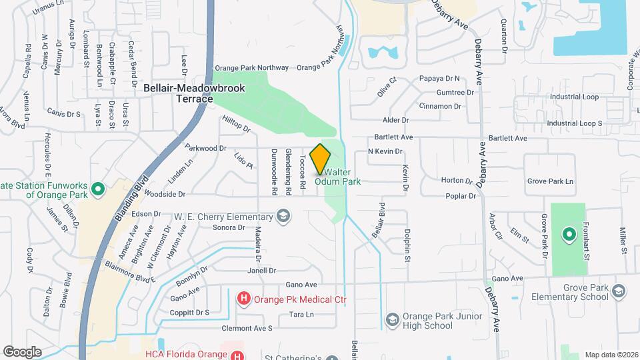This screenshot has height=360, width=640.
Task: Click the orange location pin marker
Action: click(321, 159)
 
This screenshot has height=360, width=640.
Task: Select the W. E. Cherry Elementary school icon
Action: click(284, 216)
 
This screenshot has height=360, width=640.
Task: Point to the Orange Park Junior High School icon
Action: click(391, 320)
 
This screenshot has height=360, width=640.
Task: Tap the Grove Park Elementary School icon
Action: click(619, 291)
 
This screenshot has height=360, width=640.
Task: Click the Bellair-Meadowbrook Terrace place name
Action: click(194, 93)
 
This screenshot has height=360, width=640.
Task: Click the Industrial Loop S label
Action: click(574, 123)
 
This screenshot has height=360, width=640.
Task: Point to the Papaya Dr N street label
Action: click(440, 79)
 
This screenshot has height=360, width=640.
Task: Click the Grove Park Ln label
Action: click(550, 181)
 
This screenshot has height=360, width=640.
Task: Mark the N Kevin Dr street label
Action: click(385, 151)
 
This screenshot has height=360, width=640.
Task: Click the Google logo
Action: click(22, 351)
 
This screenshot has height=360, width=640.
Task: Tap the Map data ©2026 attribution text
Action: click(611, 354)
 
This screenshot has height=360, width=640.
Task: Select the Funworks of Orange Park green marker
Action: click(98, 190)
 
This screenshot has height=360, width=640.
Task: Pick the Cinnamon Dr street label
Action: click(441, 106)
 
